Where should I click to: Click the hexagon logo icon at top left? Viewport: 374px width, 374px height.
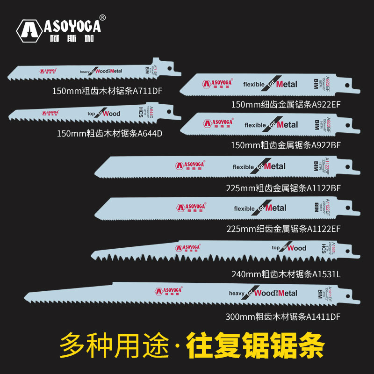[x=31, y=31]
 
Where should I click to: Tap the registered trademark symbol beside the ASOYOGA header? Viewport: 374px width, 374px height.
[x=103, y=18]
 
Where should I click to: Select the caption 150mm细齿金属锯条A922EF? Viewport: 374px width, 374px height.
[x=286, y=104]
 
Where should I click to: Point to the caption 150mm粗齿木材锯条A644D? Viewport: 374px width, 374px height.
[x=110, y=134]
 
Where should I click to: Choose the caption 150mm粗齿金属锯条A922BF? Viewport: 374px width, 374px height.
[x=286, y=145]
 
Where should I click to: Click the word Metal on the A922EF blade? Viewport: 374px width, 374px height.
[x=287, y=84]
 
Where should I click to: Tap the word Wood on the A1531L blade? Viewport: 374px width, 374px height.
[x=296, y=248]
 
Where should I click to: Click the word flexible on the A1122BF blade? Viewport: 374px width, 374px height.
[x=243, y=167]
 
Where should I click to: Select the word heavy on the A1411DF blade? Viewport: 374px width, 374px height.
[x=237, y=293]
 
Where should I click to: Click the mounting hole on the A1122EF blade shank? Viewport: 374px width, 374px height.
[x=347, y=207]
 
